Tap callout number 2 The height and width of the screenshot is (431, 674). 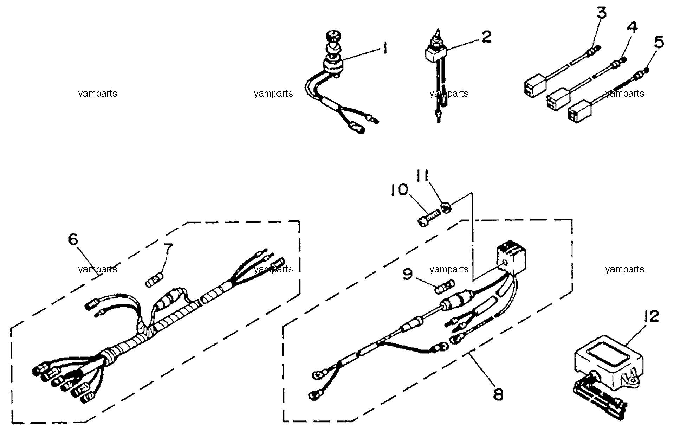(486, 37)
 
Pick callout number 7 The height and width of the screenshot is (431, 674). (168, 250)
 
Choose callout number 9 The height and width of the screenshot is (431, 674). (408, 274)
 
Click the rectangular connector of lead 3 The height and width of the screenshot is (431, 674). (533, 85)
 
